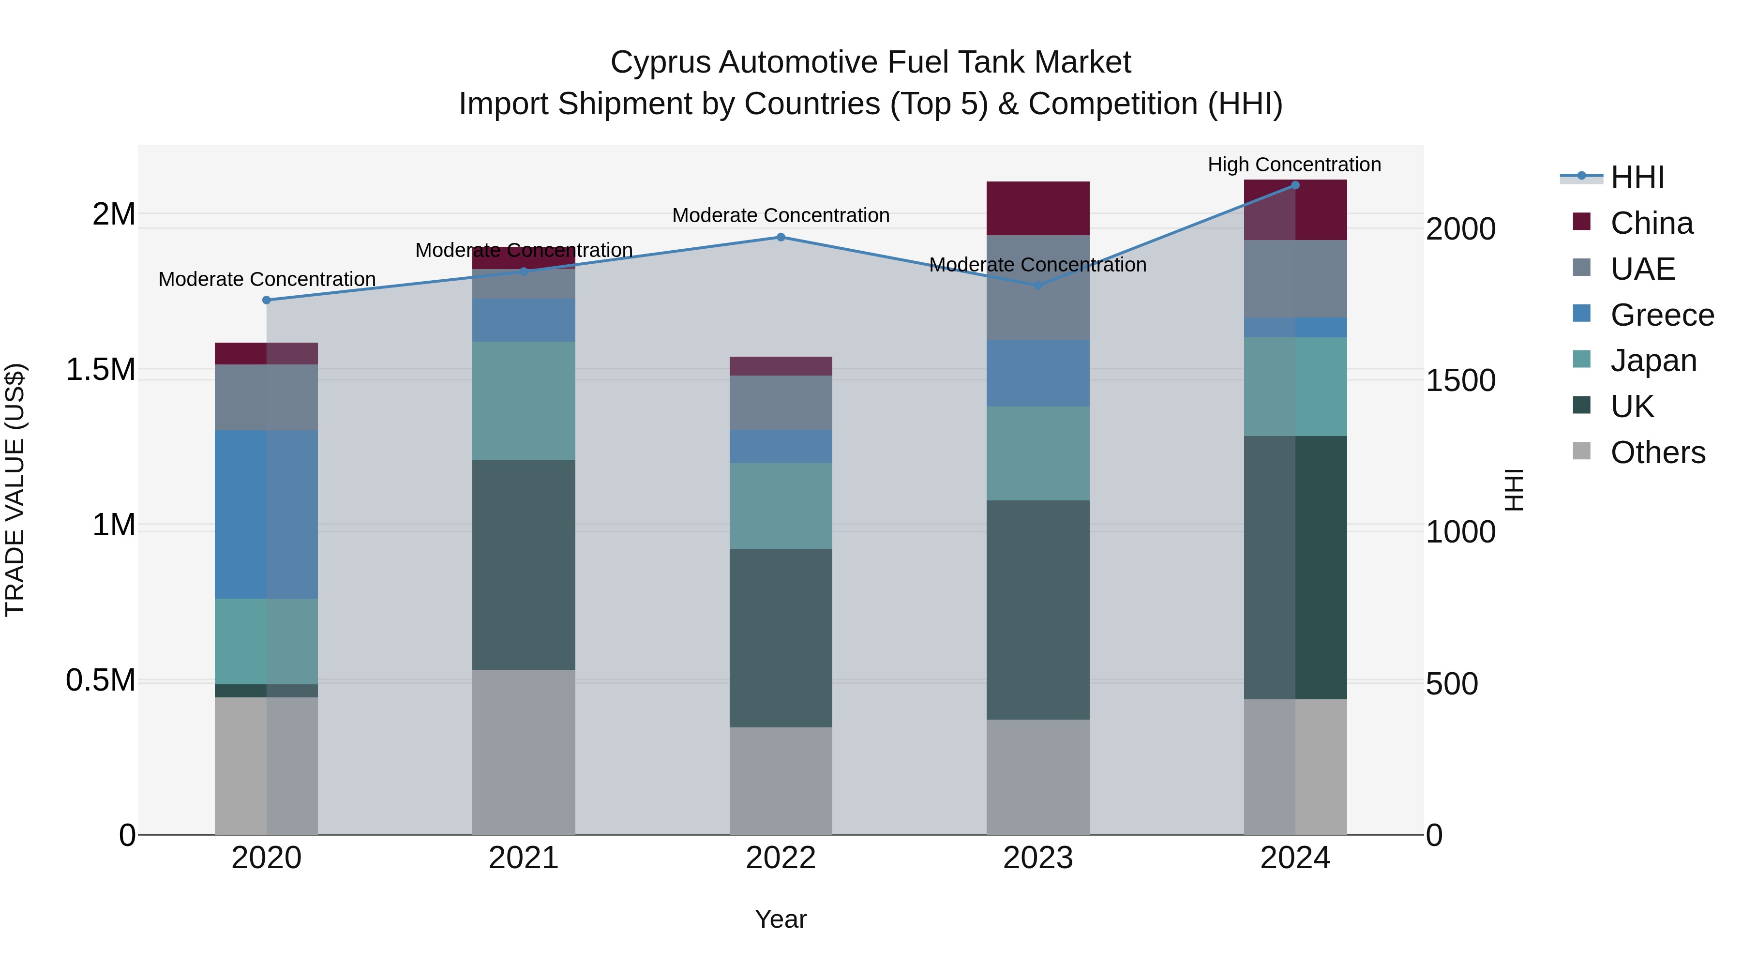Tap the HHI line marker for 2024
click(x=1295, y=185)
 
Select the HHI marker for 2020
click(x=267, y=300)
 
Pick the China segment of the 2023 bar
click(x=1037, y=208)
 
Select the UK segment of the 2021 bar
click(x=524, y=565)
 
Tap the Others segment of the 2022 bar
click(x=781, y=781)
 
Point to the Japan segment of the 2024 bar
click(x=1295, y=386)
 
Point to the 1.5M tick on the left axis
click(x=101, y=370)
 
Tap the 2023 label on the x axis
click(x=1037, y=858)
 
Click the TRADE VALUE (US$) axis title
click(x=15, y=490)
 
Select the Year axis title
click(x=781, y=919)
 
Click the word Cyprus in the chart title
click(x=660, y=62)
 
